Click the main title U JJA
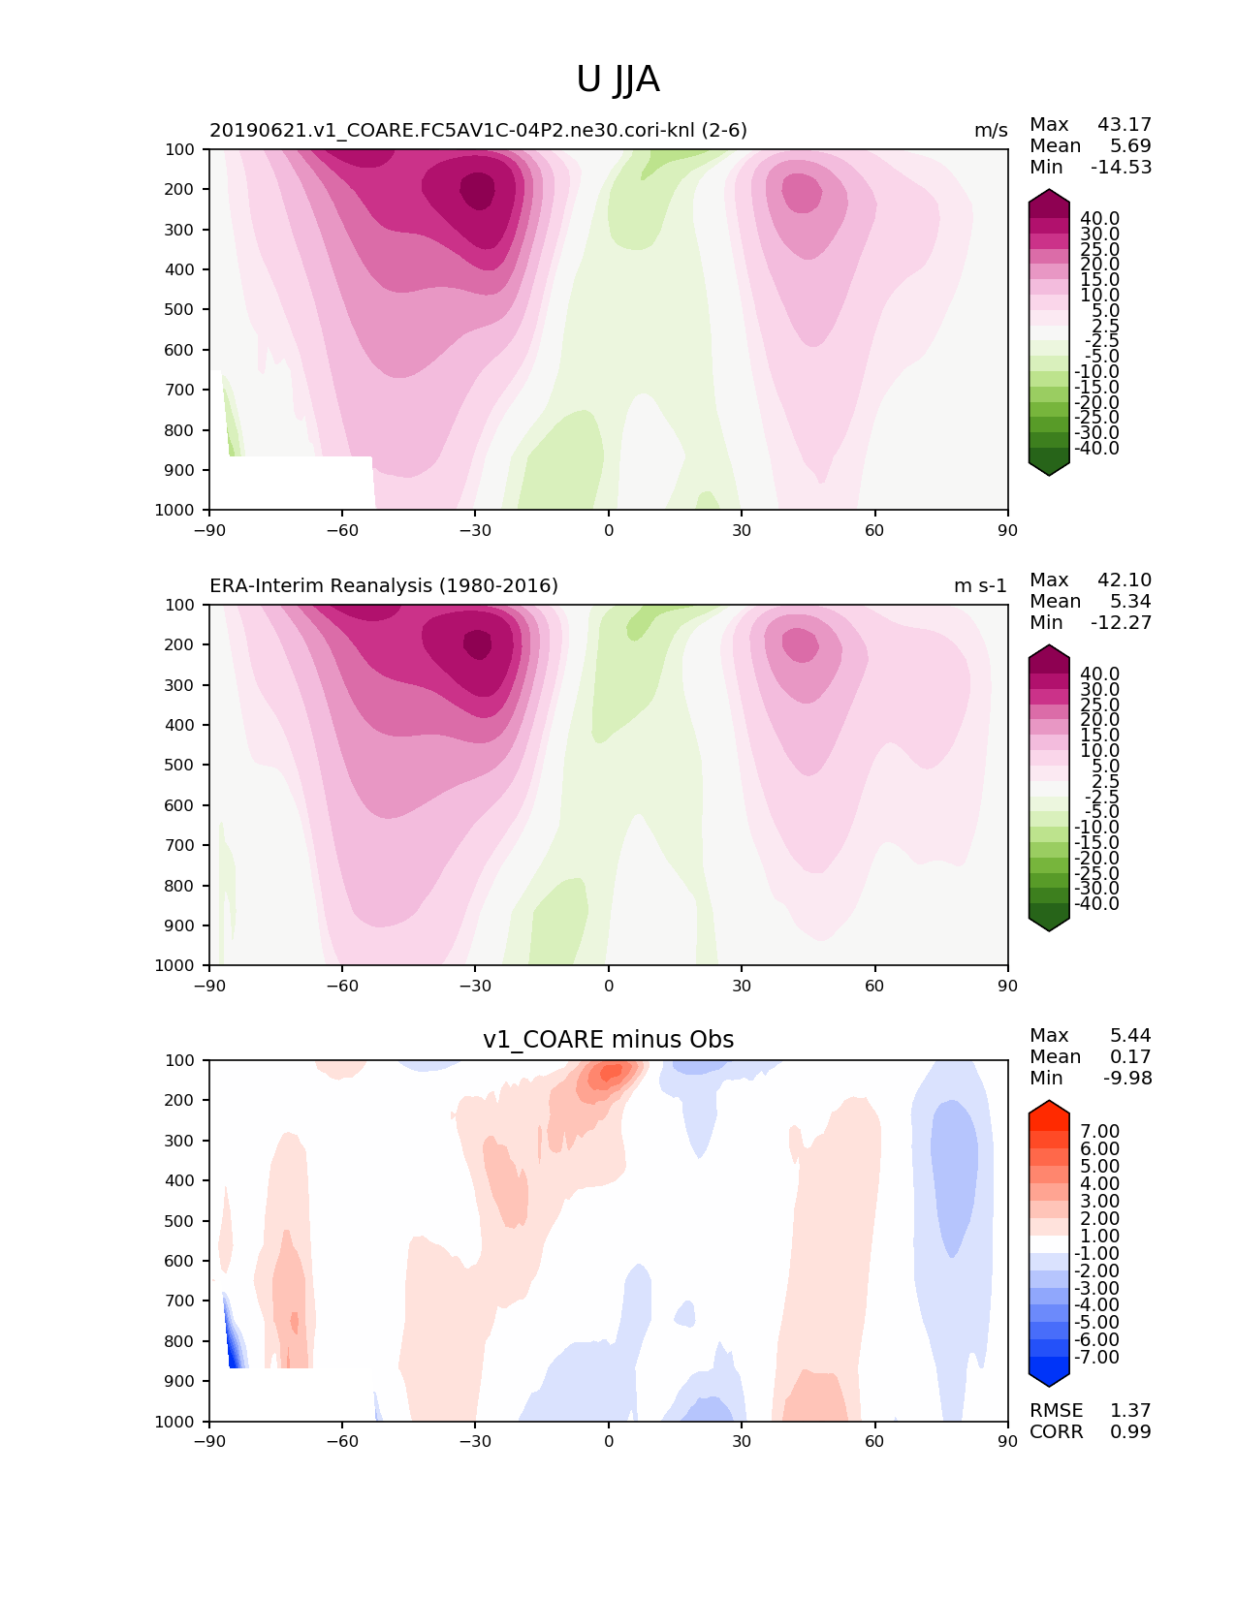618,79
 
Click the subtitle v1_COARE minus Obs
608,1040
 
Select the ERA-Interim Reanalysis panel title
384,585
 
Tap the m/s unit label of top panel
991,130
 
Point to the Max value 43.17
1125,124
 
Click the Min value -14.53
1121,167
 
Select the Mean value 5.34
1131,601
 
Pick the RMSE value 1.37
1130,1410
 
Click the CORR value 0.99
1130,1431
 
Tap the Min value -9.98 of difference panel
1127,1078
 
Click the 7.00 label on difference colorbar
1099,1131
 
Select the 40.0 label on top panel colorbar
1099,218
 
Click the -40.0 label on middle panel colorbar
1096,903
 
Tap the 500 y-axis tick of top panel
180,309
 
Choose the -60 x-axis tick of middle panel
342,986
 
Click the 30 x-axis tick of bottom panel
742,1441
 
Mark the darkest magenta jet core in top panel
477,190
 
